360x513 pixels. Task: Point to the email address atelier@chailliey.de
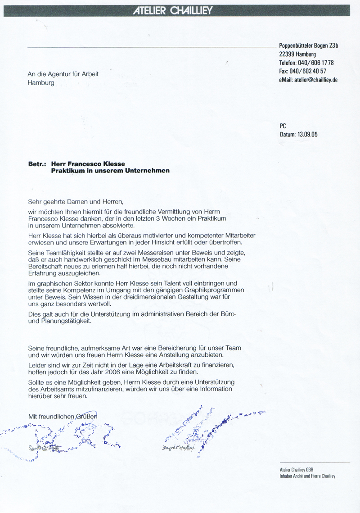(316, 80)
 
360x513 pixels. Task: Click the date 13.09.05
(307, 134)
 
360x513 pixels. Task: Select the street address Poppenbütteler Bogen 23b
(309, 45)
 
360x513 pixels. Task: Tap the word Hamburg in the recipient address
(41, 83)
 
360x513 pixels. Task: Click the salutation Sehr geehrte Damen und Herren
(75, 202)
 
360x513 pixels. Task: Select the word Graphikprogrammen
(210, 291)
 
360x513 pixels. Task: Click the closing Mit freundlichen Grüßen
(63, 417)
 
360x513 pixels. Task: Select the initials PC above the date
(283, 127)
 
